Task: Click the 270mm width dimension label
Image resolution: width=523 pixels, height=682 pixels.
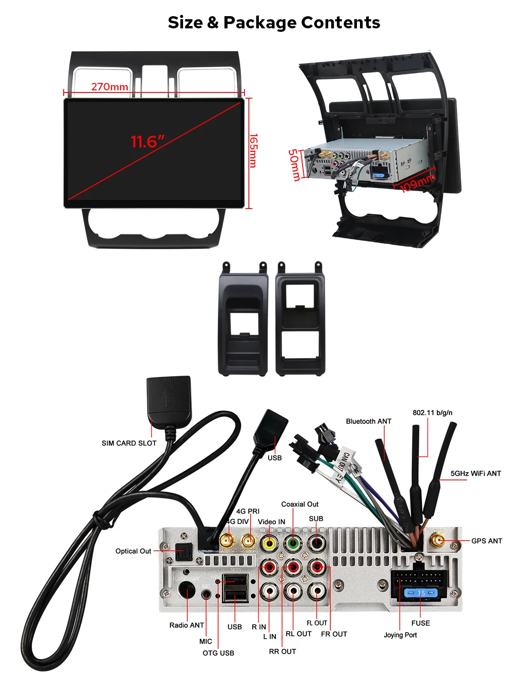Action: tap(109, 87)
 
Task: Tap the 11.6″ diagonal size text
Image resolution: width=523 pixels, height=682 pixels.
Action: tap(148, 142)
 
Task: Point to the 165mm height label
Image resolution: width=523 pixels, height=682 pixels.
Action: tap(253, 150)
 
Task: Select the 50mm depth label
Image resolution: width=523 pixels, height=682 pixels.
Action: tap(294, 165)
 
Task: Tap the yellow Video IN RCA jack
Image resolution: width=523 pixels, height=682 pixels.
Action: tap(270, 544)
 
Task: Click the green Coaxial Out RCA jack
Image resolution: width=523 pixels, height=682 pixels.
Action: tap(293, 544)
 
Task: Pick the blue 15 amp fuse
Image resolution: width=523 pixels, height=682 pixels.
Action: tap(421, 593)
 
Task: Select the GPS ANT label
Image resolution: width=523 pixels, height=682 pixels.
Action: tap(486, 541)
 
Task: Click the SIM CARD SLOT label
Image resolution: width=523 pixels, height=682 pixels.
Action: tap(129, 443)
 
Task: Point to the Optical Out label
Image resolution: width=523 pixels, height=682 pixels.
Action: tap(133, 551)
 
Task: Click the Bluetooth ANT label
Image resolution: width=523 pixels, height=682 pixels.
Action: tap(368, 422)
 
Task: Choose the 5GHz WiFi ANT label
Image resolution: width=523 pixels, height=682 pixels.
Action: tap(475, 473)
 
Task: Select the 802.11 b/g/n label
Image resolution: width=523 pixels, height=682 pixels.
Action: tap(432, 413)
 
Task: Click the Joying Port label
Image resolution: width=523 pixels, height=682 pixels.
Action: tap(400, 635)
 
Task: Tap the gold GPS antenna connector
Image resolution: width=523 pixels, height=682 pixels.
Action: tap(438, 541)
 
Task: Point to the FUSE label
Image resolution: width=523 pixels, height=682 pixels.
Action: tap(420, 623)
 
